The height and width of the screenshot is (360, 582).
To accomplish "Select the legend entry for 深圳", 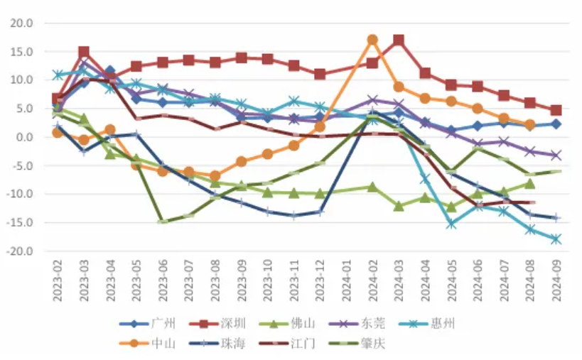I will (232, 324).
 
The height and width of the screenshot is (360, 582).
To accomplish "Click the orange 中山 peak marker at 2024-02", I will (372, 40).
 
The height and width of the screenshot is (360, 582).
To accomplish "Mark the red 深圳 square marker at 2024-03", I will (399, 40).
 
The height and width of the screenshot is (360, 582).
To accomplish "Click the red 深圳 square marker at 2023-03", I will (84, 52).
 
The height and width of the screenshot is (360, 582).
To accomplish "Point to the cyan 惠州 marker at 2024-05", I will (451, 224).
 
